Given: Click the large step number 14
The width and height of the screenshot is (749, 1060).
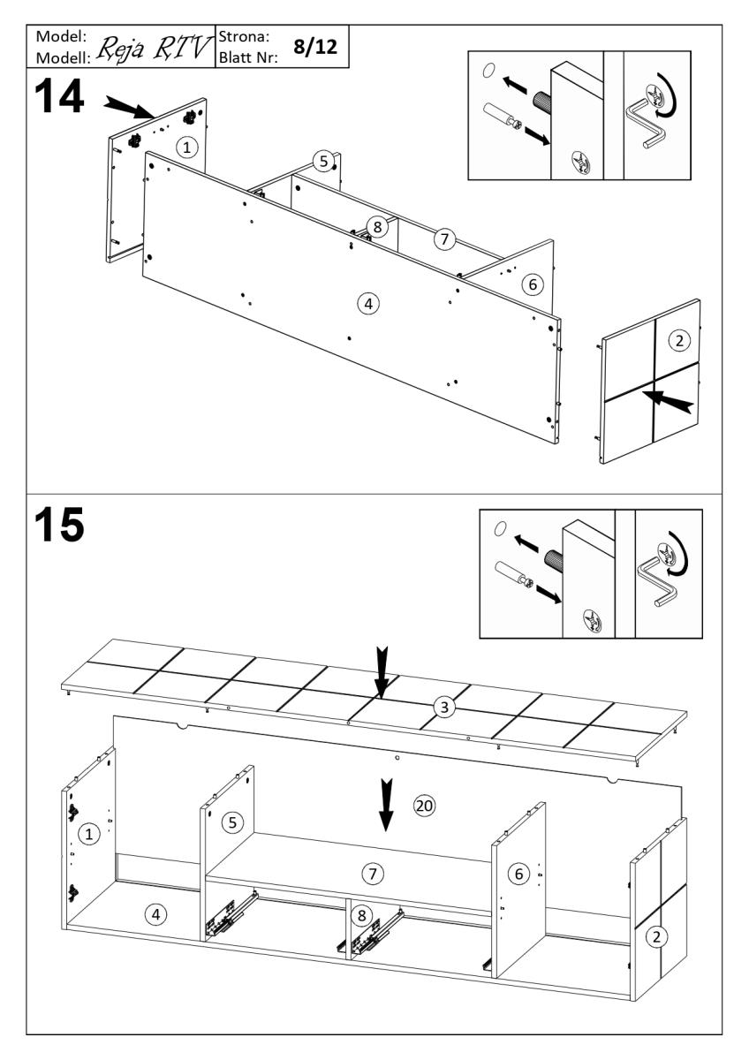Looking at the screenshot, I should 58,96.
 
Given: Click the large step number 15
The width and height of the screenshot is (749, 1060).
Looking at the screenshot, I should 58,526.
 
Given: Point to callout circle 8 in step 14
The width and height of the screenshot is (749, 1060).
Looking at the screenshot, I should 376,227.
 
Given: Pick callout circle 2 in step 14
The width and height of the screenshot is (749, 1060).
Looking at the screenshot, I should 678,339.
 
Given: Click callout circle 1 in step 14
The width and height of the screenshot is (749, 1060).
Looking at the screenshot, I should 185,148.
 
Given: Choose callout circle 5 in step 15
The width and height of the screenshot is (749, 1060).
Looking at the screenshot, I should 231,822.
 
